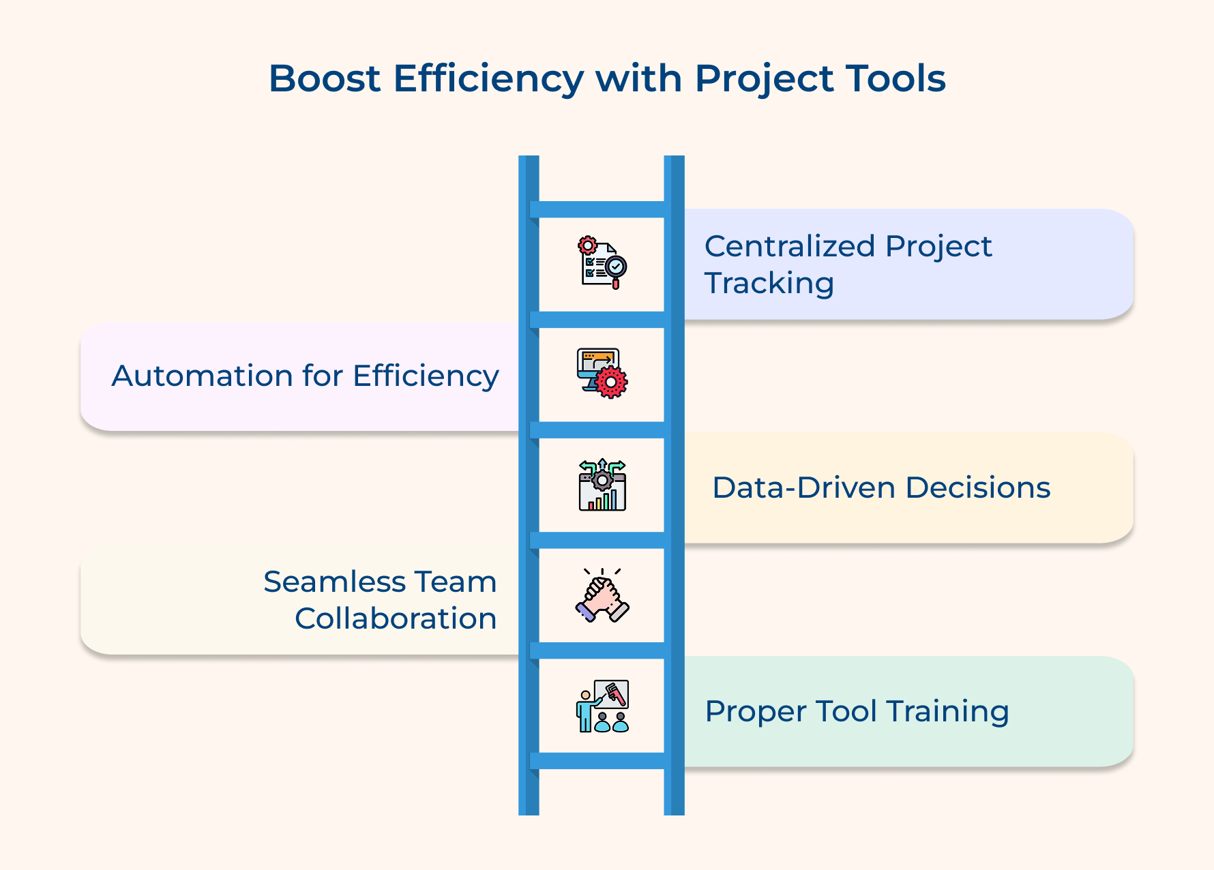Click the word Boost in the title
click(x=324, y=78)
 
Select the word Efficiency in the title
click(x=488, y=78)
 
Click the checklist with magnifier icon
click(x=602, y=263)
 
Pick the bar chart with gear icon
click(x=602, y=485)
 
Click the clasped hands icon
click(x=602, y=595)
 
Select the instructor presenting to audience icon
click(x=602, y=706)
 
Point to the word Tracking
click(x=769, y=283)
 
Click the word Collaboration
click(x=396, y=618)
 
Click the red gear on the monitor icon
click(x=611, y=382)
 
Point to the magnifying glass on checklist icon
click(x=616, y=267)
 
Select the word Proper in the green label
click(x=755, y=711)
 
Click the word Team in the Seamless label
click(x=456, y=582)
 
